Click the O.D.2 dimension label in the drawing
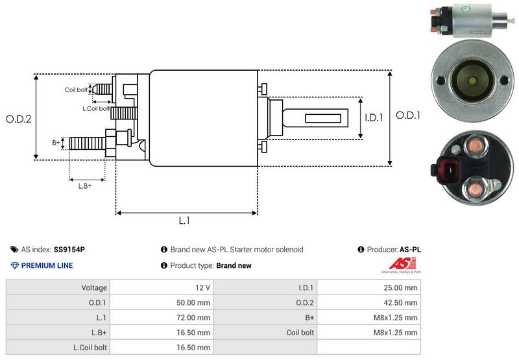19,119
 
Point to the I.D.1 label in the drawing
374,118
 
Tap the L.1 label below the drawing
185,221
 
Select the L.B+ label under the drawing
85,186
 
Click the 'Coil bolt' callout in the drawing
76,90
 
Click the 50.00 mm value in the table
195,302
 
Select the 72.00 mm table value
195,317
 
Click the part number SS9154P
69,250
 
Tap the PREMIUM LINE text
47,265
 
